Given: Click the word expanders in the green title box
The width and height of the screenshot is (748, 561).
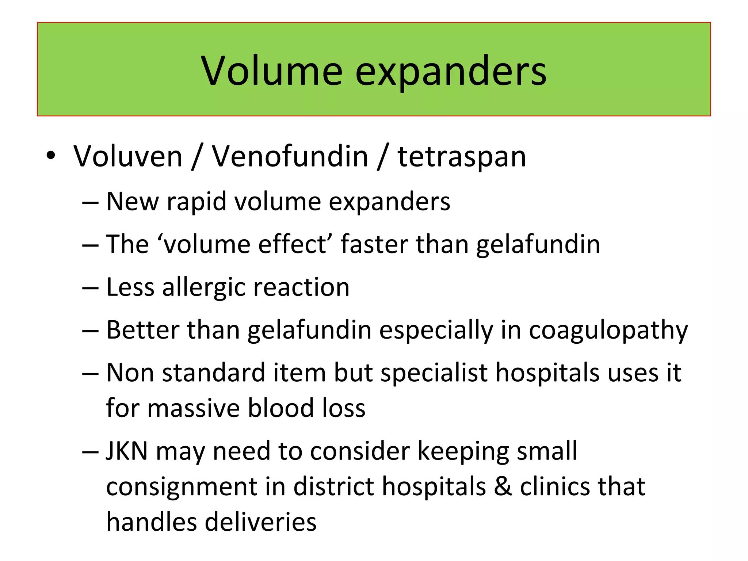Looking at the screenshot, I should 451,72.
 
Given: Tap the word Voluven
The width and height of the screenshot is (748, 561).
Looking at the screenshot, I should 128,156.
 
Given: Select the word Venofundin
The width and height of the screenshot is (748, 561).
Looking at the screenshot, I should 290,156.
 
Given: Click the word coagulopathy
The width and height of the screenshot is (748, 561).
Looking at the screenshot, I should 608,331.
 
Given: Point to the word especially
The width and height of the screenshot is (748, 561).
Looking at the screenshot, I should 436,331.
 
